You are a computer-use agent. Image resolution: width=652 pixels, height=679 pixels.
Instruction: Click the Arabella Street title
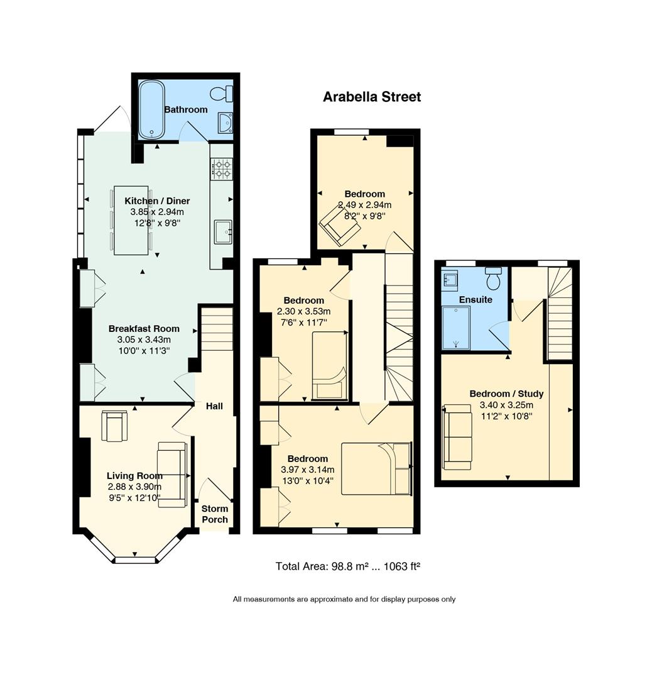pyautogui.click(x=372, y=97)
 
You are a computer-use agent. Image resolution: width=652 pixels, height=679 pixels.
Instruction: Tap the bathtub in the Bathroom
pyautogui.click(x=151, y=109)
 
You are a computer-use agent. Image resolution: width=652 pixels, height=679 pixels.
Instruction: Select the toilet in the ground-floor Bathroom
pyautogui.click(x=222, y=94)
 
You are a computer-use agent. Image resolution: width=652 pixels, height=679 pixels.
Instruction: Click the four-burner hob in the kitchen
pyautogui.click(x=222, y=168)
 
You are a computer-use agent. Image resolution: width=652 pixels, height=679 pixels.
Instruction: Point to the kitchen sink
pyautogui.click(x=223, y=232)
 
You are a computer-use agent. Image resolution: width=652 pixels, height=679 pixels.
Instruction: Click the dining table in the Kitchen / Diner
pyautogui.click(x=131, y=221)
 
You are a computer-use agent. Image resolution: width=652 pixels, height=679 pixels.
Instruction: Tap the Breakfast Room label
pyautogui.click(x=144, y=329)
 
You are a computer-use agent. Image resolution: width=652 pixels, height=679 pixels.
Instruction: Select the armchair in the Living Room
pyautogui.click(x=115, y=426)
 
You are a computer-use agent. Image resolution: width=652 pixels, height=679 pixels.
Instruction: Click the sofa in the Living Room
pyautogui.click(x=173, y=474)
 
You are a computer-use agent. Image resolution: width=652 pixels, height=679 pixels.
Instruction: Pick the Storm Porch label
pyautogui.click(x=215, y=514)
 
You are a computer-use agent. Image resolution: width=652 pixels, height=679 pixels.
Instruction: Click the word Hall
pyautogui.click(x=214, y=406)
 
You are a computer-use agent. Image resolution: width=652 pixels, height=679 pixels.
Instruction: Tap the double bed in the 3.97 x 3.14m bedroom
pyautogui.click(x=376, y=468)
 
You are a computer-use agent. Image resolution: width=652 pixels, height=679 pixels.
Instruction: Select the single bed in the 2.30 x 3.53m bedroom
pyautogui.click(x=330, y=365)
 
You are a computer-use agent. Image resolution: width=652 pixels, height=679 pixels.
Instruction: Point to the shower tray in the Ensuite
pyautogui.click(x=456, y=328)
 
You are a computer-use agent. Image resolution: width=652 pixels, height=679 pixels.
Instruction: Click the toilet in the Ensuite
pyautogui.click(x=493, y=279)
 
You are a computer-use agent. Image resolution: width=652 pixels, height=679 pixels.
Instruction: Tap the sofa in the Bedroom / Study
pyautogui.click(x=457, y=437)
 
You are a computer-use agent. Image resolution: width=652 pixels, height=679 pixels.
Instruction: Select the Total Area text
pyautogui.click(x=348, y=566)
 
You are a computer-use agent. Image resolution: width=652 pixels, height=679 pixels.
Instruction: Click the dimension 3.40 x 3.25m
pyautogui.click(x=506, y=406)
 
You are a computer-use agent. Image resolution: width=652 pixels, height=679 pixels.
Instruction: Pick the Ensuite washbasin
pyautogui.click(x=450, y=278)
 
